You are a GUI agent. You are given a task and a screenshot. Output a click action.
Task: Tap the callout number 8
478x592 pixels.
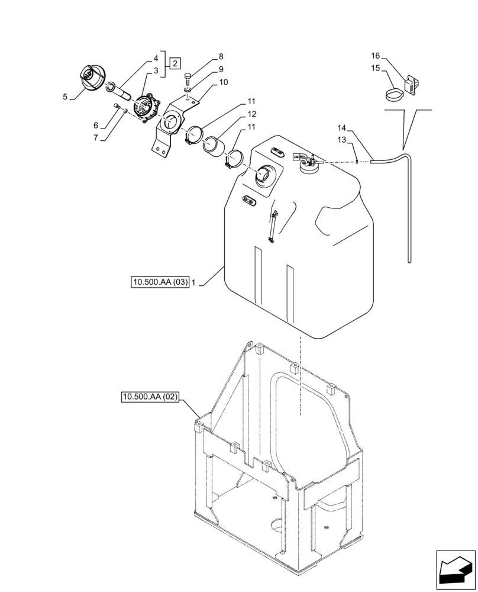click(x=221, y=57)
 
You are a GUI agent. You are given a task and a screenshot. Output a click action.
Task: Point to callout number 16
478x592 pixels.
click(x=375, y=56)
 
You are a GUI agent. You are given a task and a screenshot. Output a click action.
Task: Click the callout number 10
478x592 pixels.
click(x=224, y=82)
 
